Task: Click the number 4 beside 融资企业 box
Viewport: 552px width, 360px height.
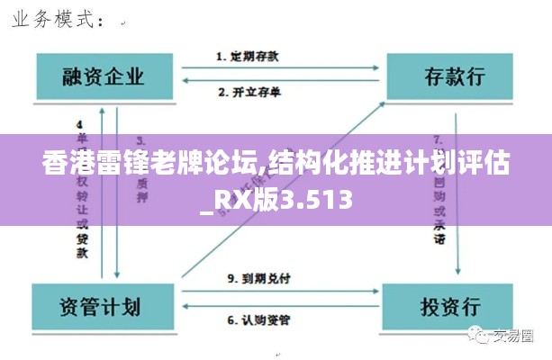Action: (x=80, y=123)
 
